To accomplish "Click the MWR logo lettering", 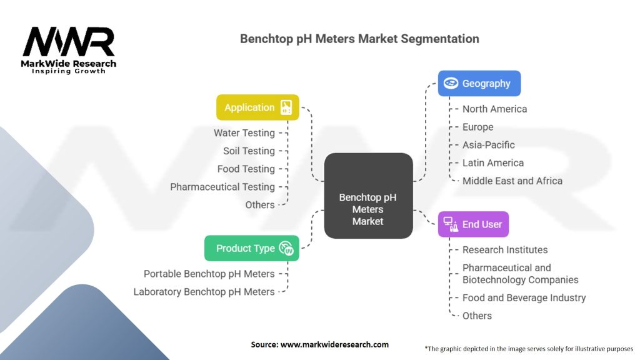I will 69,42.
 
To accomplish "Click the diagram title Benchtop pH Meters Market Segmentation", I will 359,39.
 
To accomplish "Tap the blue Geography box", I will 479,83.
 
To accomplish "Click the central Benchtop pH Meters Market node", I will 368,208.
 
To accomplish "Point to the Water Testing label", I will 244,132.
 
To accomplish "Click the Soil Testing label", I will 249,151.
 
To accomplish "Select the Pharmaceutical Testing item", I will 222,187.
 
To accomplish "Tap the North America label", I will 494,109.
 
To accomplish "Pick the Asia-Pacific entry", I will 489,145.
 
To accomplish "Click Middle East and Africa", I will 512,181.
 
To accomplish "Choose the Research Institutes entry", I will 505,250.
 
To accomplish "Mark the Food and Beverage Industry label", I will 524,298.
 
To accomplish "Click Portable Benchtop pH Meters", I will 209,274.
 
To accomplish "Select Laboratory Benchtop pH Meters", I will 204,292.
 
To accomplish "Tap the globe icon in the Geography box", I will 451,83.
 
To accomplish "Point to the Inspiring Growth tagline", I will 69,71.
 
